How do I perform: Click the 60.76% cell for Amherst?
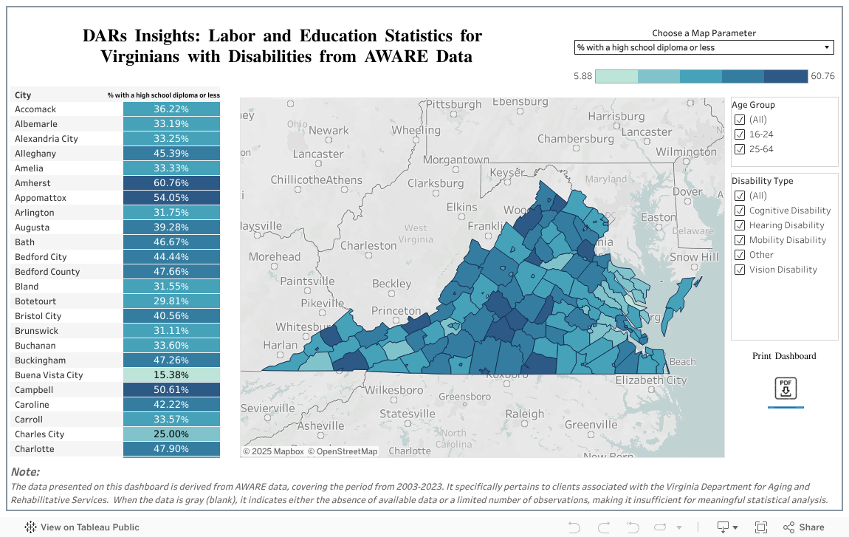[171, 183]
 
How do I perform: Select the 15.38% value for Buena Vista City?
[171, 375]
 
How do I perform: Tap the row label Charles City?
[41, 434]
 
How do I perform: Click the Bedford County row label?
[47, 272]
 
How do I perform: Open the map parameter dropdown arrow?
[826, 48]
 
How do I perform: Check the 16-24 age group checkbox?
[740, 134]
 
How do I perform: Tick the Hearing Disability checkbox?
[740, 225]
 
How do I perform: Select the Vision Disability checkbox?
[740, 270]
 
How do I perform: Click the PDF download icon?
[786, 389]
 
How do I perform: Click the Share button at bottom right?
[803, 527]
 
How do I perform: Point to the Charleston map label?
[368, 245]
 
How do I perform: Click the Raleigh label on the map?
[524, 414]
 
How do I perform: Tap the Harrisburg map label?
[616, 117]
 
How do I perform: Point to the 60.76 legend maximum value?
[822, 76]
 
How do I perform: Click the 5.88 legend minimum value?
[582, 76]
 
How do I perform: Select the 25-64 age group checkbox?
[740, 149]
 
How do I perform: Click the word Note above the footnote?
[25, 472]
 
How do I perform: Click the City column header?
[23, 95]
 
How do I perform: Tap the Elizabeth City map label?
[650, 380]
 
